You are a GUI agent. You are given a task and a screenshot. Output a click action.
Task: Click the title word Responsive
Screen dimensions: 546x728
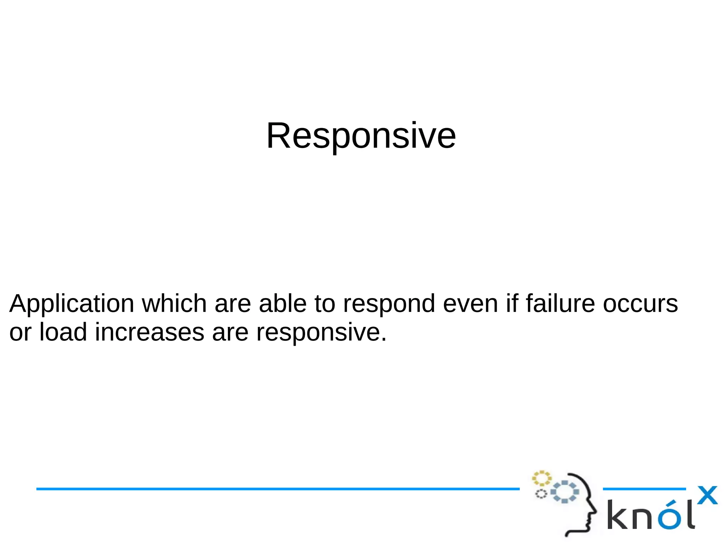click(x=361, y=136)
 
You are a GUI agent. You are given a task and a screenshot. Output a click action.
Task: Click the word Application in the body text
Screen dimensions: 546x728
click(x=71, y=304)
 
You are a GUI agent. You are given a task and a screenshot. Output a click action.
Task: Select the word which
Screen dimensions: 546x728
click(x=174, y=304)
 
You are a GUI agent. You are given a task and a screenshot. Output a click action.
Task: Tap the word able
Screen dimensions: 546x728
click(x=283, y=304)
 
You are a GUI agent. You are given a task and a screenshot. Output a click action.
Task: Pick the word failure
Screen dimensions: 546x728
click(x=560, y=304)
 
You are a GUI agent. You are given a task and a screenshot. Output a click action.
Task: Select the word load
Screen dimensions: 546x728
click(x=63, y=332)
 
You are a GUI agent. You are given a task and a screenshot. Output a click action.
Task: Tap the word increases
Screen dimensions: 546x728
click(x=149, y=332)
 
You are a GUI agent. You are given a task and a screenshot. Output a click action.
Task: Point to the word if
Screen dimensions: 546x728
click(x=512, y=304)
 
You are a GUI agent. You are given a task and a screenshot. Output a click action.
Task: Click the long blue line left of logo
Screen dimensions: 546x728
click(x=277, y=489)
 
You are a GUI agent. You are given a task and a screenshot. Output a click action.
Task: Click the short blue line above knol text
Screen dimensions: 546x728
click(x=644, y=489)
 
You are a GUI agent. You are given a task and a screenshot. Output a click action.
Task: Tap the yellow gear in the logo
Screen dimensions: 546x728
click(x=541, y=478)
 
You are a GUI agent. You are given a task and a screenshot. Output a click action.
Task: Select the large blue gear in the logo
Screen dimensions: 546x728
click(x=565, y=492)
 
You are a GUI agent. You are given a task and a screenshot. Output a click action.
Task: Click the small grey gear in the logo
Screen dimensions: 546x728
click(x=541, y=494)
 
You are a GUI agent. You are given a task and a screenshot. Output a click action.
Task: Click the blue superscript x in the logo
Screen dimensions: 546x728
click(x=707, y=495)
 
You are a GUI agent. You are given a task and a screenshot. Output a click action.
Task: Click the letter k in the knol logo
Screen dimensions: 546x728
click(x=618, y=515)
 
